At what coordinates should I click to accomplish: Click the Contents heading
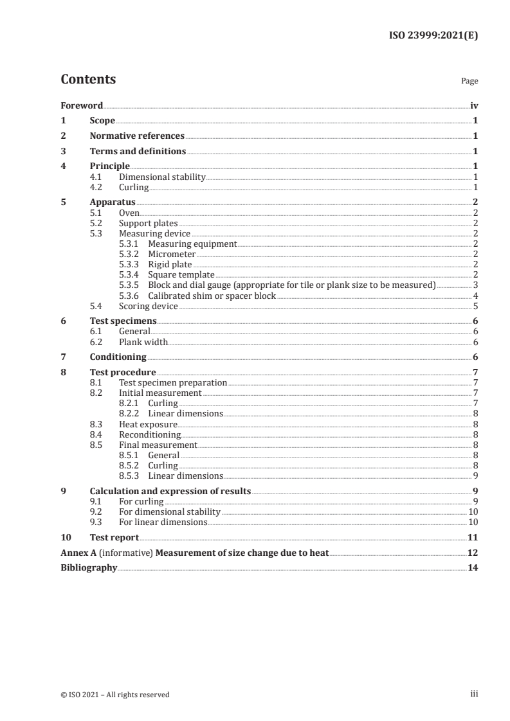(88, 80)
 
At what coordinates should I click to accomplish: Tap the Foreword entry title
(82, 105)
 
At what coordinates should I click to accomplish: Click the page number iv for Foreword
(474, 105)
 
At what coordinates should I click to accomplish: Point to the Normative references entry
(137, 136)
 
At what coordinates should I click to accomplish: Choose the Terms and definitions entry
(138, 151)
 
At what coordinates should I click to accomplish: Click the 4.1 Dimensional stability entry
(162, 177)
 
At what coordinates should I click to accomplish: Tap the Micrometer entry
(172, 254)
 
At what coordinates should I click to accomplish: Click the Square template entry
(181, 274)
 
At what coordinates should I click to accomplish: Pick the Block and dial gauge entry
(291, 285)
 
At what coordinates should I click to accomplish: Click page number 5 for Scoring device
(475, 306)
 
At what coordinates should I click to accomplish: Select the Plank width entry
(143, 342)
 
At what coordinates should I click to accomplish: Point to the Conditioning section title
(118, 357)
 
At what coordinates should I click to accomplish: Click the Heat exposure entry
(148, 424)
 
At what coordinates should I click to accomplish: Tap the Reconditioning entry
(150, 434)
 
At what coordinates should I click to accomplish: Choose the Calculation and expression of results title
(170, 491)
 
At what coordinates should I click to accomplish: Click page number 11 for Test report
(472, 537)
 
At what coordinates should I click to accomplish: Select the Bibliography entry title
(89, 567)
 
